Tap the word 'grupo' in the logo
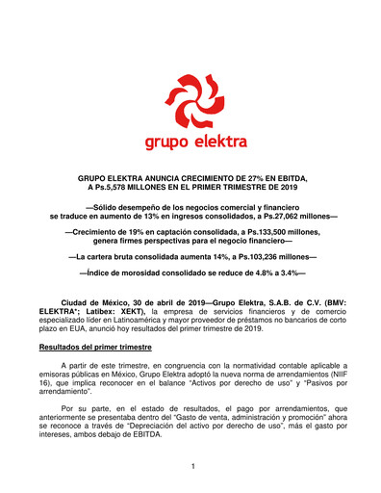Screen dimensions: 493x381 tap(165, 144)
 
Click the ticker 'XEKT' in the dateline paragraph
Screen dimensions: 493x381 tap(140, 311)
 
